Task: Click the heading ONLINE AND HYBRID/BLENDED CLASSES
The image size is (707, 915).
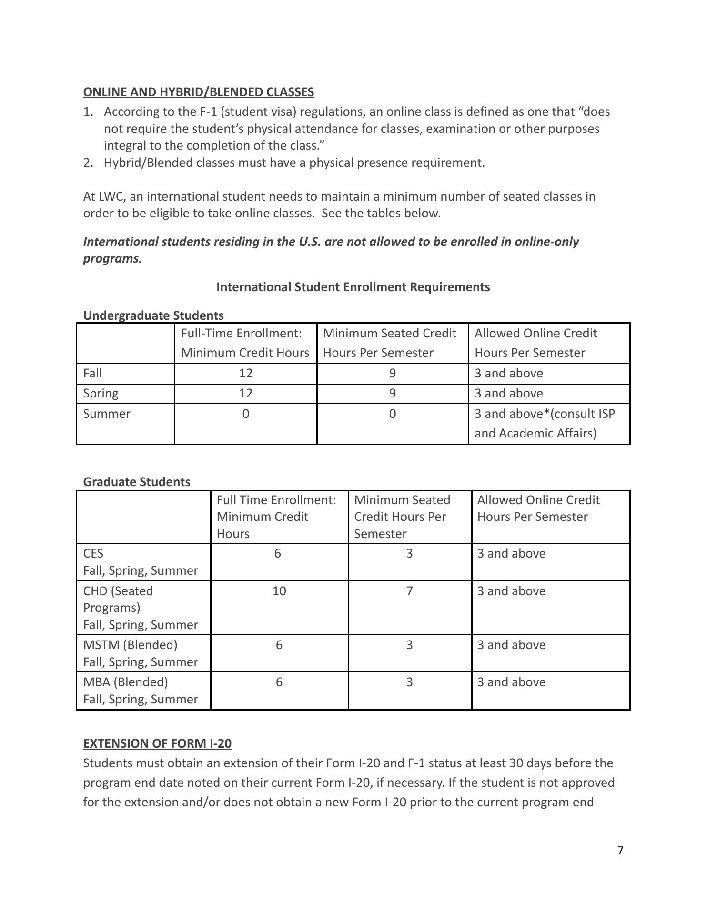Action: [198, 92]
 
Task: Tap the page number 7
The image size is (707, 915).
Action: [620, 851]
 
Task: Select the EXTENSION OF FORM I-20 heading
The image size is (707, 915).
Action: [157, 743]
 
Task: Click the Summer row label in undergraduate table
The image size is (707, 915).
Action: [106, 414]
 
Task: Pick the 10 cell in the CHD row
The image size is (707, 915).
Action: [279, 591]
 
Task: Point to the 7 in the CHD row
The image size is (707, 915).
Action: [409, 591]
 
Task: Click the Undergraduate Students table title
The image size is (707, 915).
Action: [153, 315]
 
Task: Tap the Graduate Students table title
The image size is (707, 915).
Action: [136, 482]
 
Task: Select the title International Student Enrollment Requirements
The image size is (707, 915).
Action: [353, 287]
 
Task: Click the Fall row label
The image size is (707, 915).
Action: [92, 373]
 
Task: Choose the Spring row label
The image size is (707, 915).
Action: [101, 393]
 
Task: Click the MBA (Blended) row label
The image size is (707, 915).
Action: [125, 682]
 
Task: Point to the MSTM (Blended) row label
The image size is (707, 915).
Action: [130, 645]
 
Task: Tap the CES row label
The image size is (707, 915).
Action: [93, 553]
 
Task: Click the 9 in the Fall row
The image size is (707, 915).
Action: [392, 373]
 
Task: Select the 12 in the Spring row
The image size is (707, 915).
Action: [245, 393]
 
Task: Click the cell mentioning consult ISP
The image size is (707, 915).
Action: [544, 423]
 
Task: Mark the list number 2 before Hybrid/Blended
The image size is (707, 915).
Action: [88, 163]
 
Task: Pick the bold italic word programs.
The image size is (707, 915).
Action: [112, 259]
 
